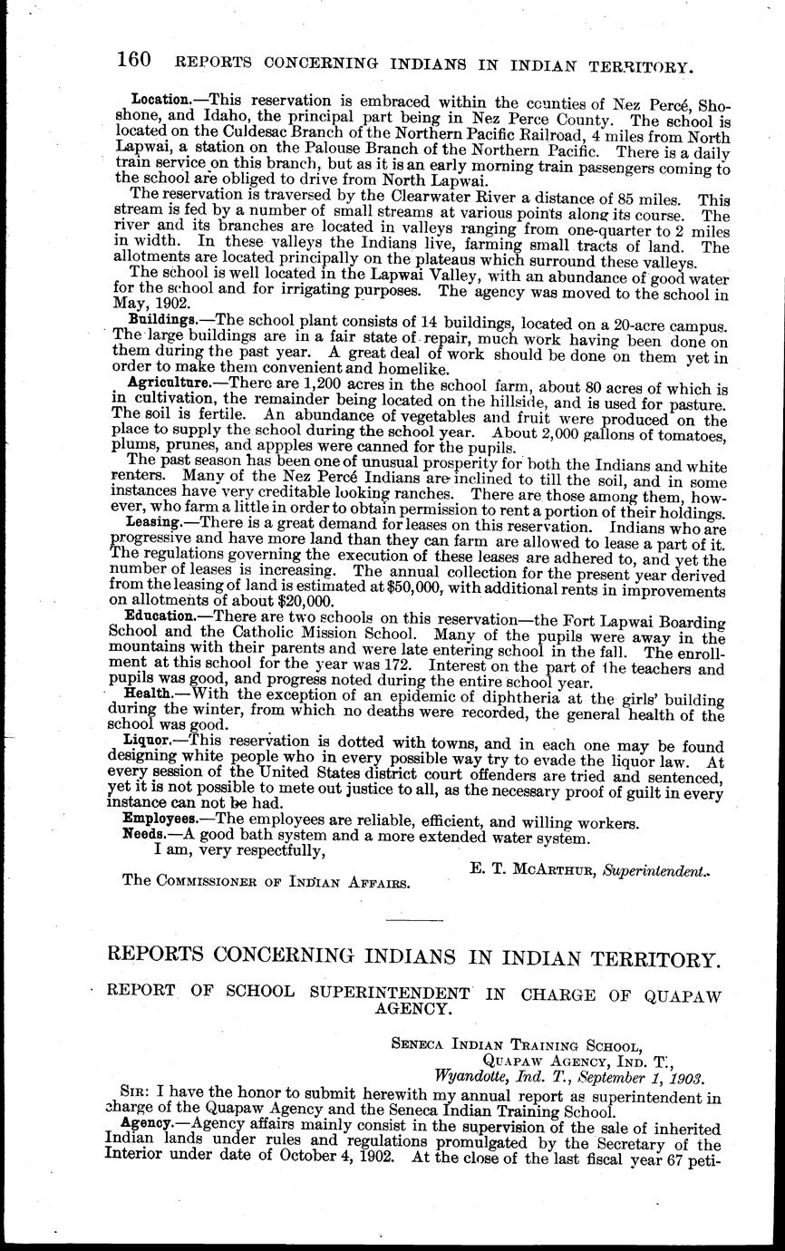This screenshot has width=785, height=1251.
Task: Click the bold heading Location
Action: pos(160,97)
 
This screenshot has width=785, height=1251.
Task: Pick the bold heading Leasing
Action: pos(154,524)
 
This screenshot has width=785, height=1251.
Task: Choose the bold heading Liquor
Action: pos(148,739)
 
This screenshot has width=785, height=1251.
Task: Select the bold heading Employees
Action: pos(159,822)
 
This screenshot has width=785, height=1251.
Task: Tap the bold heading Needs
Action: pos(143,834)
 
